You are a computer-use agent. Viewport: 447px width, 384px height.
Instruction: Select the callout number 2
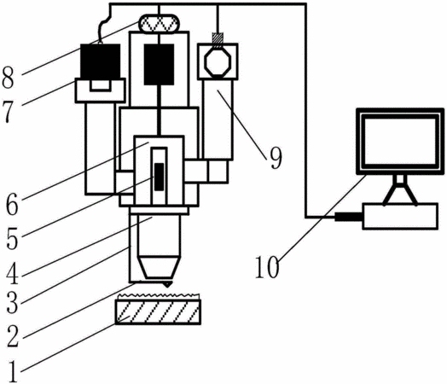[x=13, y=337]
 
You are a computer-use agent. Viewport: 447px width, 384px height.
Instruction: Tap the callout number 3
[x=12, y=303]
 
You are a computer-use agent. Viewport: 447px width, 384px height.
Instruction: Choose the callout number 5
[x=12, y=239]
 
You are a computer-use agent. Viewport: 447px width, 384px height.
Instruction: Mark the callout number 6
[x=12, y=205]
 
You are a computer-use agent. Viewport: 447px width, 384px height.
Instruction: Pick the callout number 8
[x=8, y=78]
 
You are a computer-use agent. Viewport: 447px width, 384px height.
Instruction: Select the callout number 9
[x=276, y=158]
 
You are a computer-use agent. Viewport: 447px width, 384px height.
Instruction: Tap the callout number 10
[x=267, y=267]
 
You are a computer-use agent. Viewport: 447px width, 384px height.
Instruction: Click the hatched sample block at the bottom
[x=158, y=311]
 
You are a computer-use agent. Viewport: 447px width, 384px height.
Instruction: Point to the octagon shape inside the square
[x=218, y=61]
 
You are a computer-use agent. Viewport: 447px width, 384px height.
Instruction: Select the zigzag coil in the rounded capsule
[x=159, y=24]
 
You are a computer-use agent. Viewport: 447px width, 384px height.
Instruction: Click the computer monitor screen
[x=400, y=141]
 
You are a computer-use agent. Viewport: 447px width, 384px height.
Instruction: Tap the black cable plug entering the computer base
[x=349, y=217]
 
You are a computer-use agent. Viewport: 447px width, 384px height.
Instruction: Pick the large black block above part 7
[x=100, y=61]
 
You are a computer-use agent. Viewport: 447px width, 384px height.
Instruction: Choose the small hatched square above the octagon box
[x=218, y=38]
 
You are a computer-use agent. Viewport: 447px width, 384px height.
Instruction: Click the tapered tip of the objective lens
[x=160, y=267]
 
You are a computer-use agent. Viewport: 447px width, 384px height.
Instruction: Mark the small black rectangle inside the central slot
[x=159, y=177]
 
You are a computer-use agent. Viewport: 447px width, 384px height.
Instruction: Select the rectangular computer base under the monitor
[x=400, y=216]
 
